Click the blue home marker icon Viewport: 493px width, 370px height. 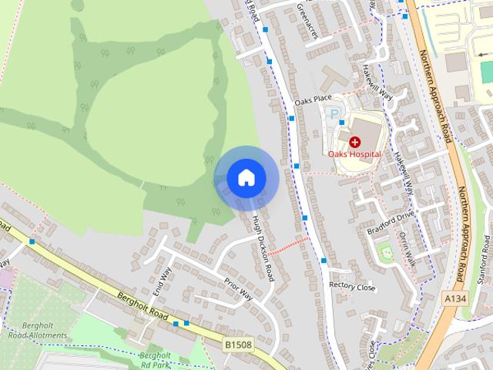tap(246, 177)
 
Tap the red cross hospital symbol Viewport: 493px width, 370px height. tap(354, 142)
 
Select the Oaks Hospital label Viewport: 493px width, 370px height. tap(354, 154)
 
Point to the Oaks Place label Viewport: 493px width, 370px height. tap(313, 99)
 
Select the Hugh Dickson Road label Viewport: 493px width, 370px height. tap(263, 248)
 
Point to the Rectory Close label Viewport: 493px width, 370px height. tap(352, 287)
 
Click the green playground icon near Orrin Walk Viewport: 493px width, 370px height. tap(384, 251)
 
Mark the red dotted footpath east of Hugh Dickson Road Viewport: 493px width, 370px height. tap(288, 245)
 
